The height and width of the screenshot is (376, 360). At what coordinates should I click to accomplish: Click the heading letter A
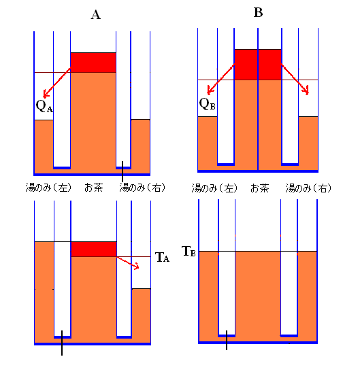point(95,15)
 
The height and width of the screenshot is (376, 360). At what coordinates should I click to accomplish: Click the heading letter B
point(258,12)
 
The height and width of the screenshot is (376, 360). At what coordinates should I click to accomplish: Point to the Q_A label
point(44,106)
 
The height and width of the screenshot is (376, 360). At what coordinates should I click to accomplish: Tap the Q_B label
point(207,104)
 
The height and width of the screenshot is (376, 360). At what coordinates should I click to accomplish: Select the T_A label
point(163,257)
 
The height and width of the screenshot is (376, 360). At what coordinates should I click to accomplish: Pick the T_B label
point(189,252)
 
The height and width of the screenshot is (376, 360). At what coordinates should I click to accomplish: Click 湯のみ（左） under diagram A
point(49,188)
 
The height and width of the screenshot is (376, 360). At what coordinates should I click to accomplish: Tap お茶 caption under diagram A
point(94,188)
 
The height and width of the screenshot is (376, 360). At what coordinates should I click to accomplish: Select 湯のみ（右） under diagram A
point(142,188)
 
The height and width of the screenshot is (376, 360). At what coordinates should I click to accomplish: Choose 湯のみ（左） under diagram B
point(214,188)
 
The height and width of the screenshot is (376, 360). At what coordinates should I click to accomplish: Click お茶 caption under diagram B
point(260,188)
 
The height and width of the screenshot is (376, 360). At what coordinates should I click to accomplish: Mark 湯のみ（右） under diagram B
point(308,188)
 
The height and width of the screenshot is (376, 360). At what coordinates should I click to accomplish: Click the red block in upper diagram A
point(93,63)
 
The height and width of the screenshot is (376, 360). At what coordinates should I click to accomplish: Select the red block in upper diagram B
point(258,65)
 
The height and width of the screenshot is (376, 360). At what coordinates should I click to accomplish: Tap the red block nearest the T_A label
point(94,249)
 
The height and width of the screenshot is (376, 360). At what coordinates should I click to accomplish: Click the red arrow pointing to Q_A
point(56,83)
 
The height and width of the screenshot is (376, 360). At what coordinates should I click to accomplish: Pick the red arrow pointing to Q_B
point(221,79)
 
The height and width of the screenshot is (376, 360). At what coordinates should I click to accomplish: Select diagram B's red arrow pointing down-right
point(295,79)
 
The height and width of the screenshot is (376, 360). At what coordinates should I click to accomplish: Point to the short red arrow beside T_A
point(128,263)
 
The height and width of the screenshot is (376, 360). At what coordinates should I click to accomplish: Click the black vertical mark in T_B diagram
point(227,340)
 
